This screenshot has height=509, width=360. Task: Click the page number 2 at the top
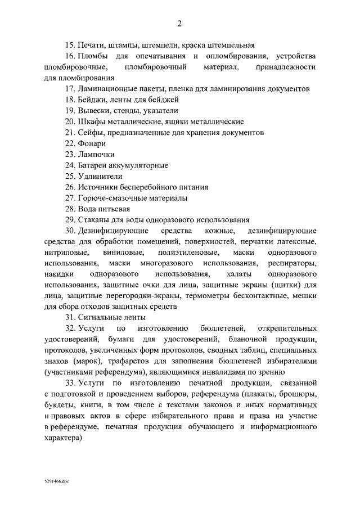tap(179, 23)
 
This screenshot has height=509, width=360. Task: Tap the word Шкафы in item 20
tap(93, 121)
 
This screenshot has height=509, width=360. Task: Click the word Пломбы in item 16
tap(92, 56)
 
